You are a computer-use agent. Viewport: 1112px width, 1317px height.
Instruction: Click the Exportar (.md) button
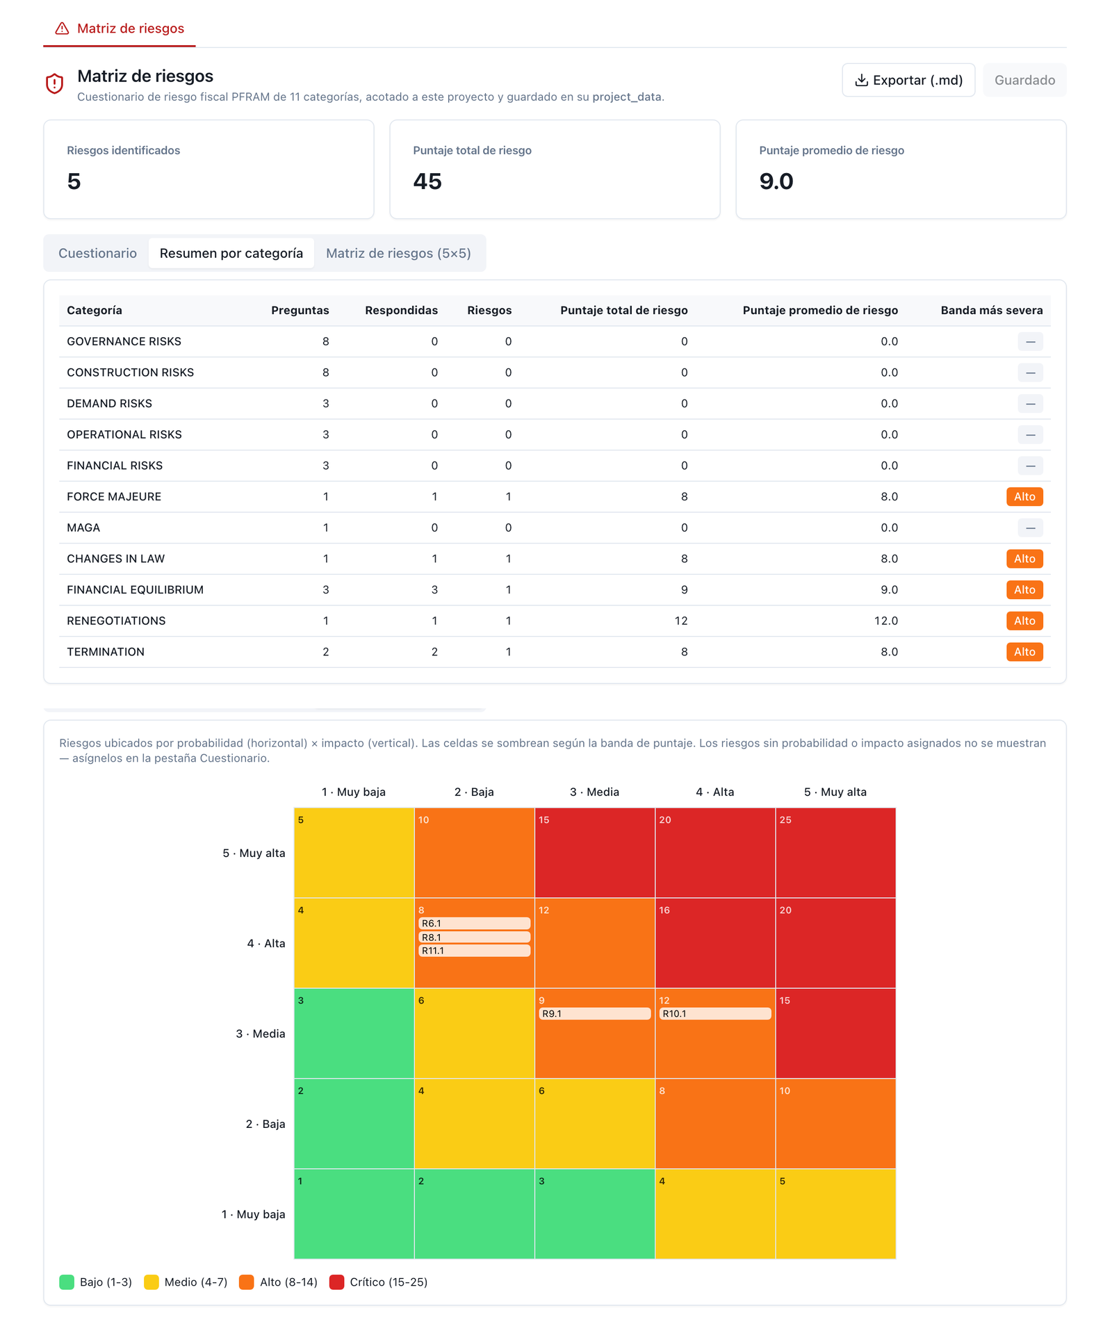coord(908,80)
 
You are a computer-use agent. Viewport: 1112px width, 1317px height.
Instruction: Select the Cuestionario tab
coord(97,253)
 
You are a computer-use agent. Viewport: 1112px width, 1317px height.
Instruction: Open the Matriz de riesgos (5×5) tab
coord(398,253)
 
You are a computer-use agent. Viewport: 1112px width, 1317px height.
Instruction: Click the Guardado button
coord(1024,80)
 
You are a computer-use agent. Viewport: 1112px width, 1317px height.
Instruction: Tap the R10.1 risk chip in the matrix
coord(714,1013)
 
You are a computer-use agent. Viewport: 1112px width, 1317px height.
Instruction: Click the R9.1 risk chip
coord(594,1013)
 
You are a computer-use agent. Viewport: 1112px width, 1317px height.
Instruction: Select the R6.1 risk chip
coord(474,923)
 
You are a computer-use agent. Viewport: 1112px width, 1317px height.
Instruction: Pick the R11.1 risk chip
coord(474,950)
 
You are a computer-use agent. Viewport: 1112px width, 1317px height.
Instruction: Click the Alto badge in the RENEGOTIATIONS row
coord(1024,621)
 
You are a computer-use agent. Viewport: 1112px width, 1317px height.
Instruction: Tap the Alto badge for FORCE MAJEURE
coord(1024,496)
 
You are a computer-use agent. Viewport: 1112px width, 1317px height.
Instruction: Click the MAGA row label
coord(83,527)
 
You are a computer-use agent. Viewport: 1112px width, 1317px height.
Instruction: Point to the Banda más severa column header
coord(992,310)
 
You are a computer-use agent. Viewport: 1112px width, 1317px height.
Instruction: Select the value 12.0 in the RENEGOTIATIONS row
coord(886,621)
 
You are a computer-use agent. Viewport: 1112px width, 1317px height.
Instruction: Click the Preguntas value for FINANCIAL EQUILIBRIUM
coord(325,589)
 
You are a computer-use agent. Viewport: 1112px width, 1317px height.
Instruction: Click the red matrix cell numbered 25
coord(835,853)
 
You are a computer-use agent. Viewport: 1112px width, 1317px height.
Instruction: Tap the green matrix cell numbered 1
coord(354,1213)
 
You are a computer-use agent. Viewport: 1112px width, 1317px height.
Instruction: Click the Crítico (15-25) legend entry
coord(379,1282)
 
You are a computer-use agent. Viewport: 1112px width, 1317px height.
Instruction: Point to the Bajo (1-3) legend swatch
coord(67,1282)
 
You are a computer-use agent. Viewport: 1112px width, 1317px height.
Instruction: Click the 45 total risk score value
coord(427,181)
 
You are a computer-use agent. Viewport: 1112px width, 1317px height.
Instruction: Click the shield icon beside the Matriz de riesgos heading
coord(54,83)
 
